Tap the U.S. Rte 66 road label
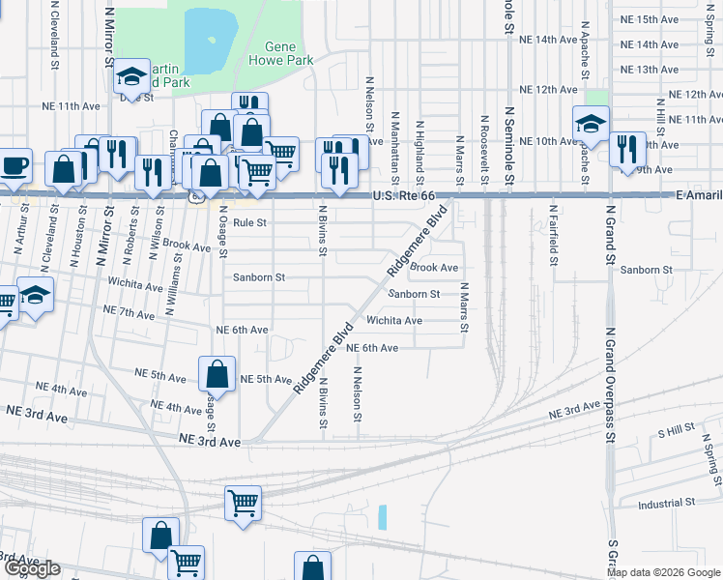411,196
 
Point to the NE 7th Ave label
130,314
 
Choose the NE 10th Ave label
547,141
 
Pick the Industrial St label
667,503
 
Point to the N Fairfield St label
555,227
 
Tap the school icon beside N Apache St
590,122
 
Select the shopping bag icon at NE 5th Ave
217,373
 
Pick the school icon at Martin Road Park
130,76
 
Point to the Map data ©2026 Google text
663,572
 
